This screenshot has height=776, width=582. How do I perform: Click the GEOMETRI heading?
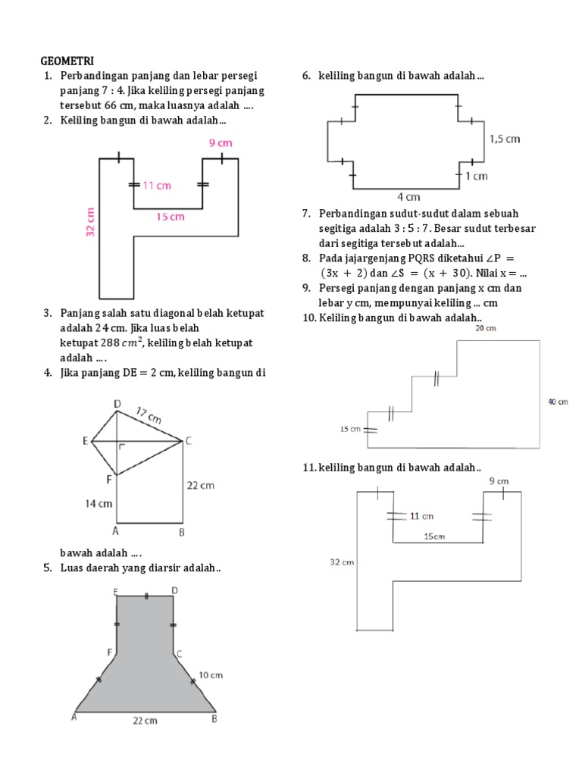(67, 61)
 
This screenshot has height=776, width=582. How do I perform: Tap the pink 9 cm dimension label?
(220, 142)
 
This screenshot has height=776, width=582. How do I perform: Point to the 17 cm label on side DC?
(149, 416)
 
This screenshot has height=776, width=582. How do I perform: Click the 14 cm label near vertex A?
(100, 502)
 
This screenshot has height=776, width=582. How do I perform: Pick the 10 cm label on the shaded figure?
(210, 674)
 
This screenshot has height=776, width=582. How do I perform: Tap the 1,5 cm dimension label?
(505, 139)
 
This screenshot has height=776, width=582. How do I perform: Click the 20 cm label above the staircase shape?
(486, 329)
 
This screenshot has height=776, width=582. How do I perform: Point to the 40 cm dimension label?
(558, 402)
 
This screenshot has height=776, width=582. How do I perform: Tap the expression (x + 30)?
(433, 273)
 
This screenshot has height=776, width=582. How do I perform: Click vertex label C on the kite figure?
(188, 441)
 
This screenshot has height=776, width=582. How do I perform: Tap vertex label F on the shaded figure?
(111, 652)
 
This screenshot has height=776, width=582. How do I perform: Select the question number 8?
(305, 258)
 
